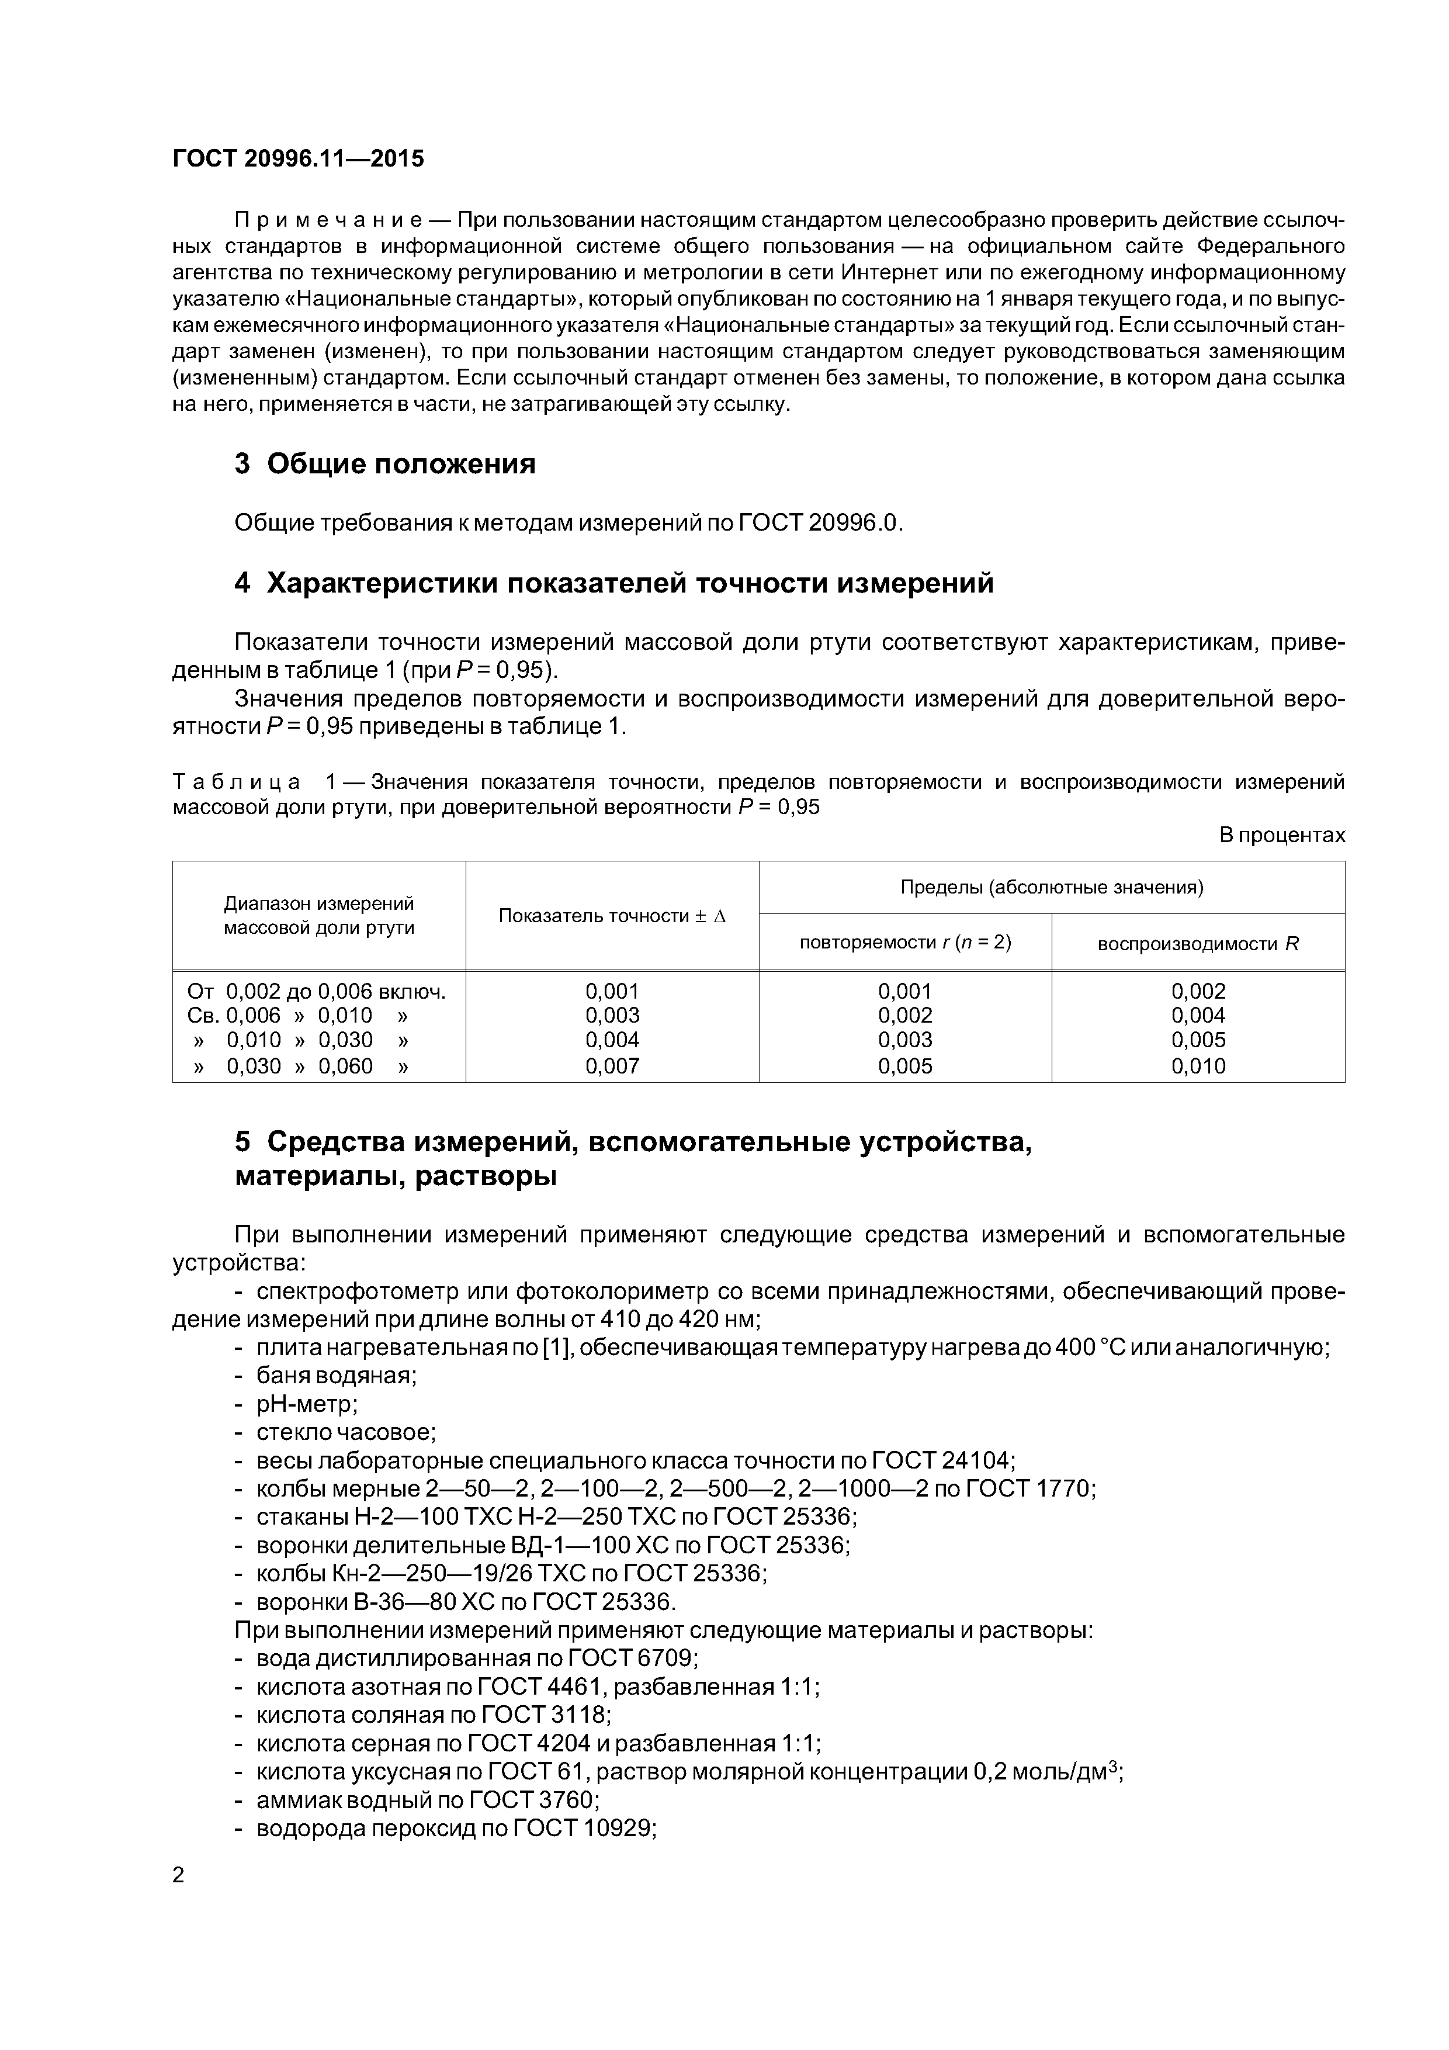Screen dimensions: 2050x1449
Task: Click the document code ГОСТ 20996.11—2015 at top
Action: (298, 159)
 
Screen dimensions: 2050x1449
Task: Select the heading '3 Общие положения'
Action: (385, 464)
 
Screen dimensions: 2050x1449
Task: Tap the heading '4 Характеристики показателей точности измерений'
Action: (614, 583)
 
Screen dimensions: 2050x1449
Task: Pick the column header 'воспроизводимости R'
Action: (1198, 944)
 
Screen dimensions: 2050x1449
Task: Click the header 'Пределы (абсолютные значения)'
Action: (1052, 888)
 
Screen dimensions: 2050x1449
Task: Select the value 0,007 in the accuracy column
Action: (612, 1066)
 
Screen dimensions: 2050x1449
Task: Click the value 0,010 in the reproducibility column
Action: (1198, 1066)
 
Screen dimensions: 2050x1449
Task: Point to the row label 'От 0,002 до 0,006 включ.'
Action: (317, 991)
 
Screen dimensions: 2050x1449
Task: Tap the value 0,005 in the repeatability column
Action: (905, 1066)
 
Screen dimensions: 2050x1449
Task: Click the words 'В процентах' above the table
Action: (1282, 836)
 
